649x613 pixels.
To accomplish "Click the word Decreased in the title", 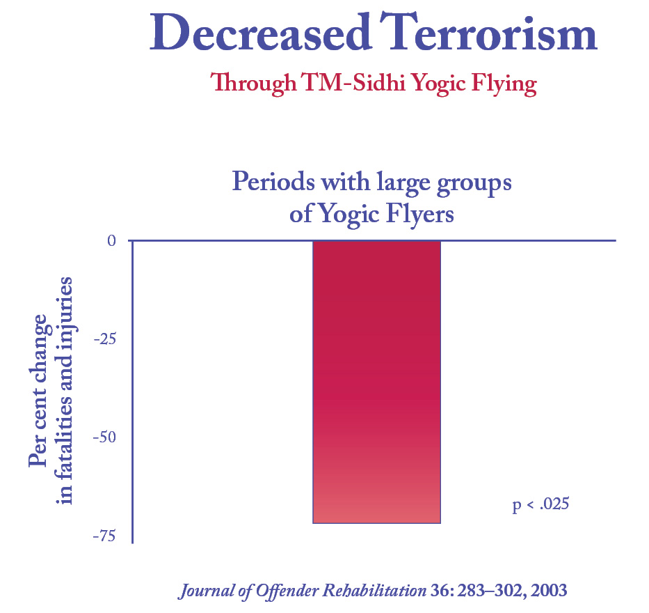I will pyautogui.click(x=252, y=33).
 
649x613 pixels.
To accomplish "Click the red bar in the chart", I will pyautogui.click(x=376, y=381).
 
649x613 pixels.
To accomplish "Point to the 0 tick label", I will pyautogui.click(x=111, y=240).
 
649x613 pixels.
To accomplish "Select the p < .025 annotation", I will pyautogui.click(x=540, y=504).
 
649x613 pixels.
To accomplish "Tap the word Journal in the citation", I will pyautogui.click(x=202, y=591).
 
